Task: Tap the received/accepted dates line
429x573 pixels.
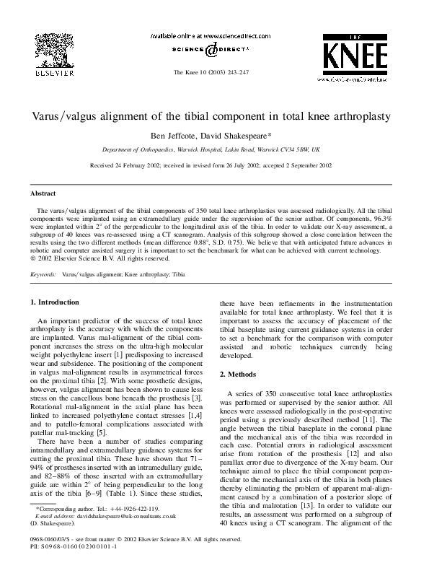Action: pyautogui.click(x=214, y=165)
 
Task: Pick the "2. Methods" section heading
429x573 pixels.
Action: pyautogui.click(x=239, y=375)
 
